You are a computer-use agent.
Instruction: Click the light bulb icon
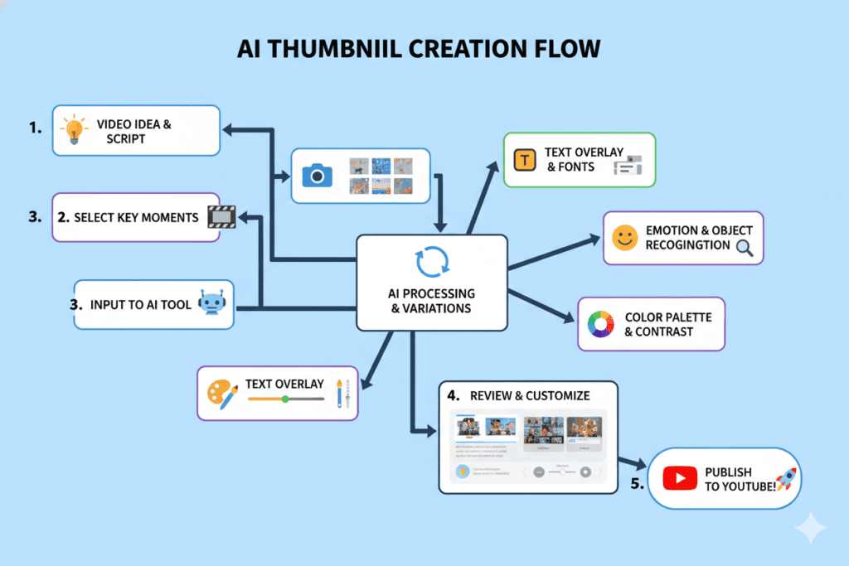pos(75,131)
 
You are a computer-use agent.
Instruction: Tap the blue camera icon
pos(317,176)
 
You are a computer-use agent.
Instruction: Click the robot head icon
pos(214,303)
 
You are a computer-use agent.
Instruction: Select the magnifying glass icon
pos(745,247)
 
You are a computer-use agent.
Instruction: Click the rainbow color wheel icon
pos(599,324)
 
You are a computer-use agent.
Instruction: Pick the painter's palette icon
pos(222,394)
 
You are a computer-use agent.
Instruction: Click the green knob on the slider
pos(285,399)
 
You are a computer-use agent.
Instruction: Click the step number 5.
pos(636,485)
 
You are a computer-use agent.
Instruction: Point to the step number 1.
pos(34,129)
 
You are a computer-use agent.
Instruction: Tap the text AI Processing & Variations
pos(431,301)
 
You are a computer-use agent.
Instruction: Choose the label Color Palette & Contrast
pos(667,324)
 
